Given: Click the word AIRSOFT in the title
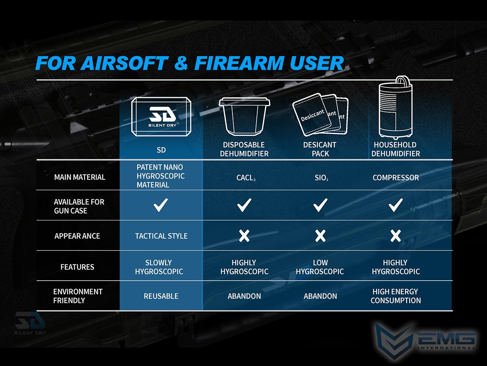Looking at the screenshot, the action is point(125,63).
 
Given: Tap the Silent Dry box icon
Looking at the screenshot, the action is point(161,117).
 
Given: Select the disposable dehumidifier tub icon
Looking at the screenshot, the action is point(244,116).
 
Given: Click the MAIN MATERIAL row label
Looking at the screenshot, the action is point(80,177).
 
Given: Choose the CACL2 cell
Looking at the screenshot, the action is point(246,178).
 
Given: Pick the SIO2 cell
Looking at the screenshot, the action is point(321,178).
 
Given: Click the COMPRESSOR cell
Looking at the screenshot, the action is point(396,178).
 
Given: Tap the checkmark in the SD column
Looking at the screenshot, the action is point(161,205).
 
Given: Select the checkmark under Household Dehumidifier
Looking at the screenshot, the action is point(396,205).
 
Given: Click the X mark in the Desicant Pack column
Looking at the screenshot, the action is point(320,236).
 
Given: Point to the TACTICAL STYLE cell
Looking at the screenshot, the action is point(161,236).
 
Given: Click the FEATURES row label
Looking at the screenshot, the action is point(77,267).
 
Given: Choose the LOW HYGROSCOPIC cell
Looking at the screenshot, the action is point(320,267).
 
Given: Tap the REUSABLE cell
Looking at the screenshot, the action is point(161,296).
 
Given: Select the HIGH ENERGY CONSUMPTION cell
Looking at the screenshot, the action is point(396,296).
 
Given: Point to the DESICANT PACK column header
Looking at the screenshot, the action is point(320,149).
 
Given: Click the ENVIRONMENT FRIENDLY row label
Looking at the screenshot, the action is point(78,296).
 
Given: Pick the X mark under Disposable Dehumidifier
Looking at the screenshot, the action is point(244,236).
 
